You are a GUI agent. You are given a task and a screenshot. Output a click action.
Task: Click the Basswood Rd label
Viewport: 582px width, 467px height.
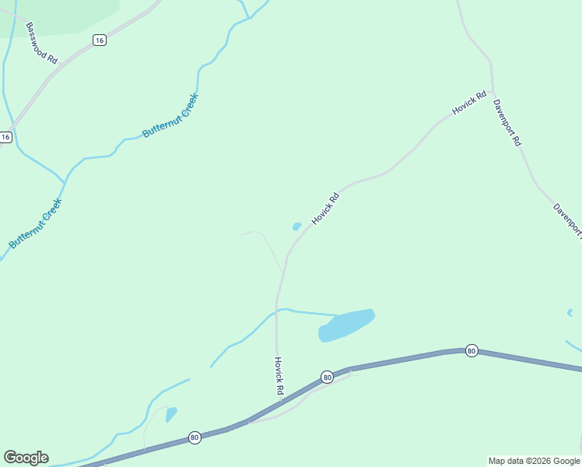click(41, 43)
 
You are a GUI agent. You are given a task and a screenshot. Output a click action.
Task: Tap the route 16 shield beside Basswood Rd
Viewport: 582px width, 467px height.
click(99, 40)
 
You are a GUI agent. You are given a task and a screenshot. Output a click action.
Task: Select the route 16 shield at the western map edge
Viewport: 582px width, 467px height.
click(6, 137)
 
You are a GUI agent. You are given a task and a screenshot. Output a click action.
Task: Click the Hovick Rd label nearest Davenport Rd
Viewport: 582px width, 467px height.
click(469, 103)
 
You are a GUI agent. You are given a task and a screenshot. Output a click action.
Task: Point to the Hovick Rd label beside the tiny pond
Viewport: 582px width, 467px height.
click(326, 209)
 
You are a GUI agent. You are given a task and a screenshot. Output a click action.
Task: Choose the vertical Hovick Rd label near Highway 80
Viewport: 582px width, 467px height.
click(279, 376)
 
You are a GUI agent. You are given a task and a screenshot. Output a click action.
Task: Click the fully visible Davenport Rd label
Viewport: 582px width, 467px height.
click(507, 121)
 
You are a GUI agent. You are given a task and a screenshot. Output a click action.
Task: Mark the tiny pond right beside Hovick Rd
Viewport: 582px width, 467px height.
click(296, 226)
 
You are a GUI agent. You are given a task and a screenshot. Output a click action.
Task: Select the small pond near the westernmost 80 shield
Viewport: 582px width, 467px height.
click(171, 413)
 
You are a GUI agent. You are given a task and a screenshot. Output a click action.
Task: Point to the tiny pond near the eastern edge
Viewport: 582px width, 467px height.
click(570, 313)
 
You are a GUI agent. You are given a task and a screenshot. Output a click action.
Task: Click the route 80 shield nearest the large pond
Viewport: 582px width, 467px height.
click(327, 377)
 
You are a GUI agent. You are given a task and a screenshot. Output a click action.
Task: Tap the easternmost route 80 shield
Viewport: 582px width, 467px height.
click(472, 351)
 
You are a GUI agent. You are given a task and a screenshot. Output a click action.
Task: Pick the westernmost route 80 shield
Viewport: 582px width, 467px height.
click(195, 438)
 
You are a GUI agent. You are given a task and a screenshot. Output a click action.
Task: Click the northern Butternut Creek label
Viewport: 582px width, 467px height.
click(170, 116)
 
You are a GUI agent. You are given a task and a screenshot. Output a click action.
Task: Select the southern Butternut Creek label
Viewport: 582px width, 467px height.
click(35, 223)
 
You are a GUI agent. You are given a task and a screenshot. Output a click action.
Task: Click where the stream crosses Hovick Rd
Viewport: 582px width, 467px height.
click(277, 311)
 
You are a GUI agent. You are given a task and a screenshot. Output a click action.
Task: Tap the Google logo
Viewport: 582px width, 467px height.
click(26, 458)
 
